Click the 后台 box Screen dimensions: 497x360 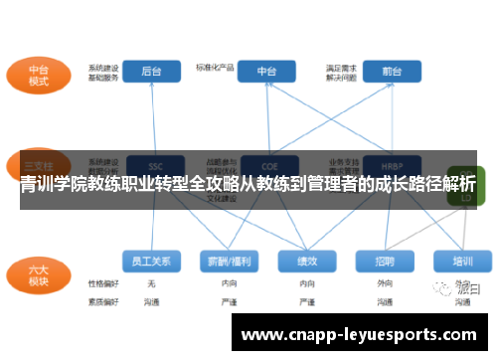tap(152, 72)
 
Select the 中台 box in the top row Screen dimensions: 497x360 tap(267, 72)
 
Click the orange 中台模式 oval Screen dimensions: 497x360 tap(40, 77)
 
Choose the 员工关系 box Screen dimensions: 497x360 tap(152, 261)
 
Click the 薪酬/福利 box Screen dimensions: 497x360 tap(230, 261)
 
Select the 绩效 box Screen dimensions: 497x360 tap(307, 261)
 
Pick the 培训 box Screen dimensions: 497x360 tap(462, 261)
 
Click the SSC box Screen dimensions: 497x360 tap(154, 166)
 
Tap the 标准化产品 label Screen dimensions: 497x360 tap(215, 68)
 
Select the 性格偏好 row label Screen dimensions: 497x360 tap(102, 283)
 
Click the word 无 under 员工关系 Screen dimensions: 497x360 tap(151, 283)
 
